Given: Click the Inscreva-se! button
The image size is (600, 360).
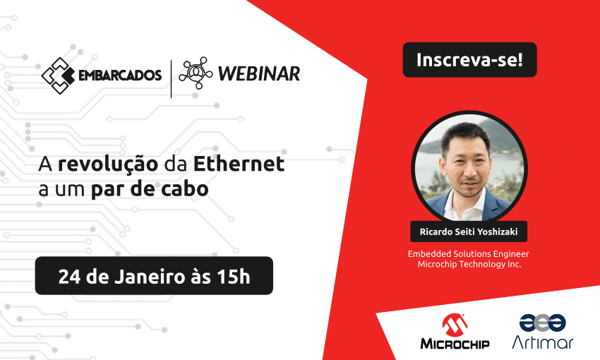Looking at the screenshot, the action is click(469, 60).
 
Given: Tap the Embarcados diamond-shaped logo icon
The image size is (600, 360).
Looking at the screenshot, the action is click(58, 76).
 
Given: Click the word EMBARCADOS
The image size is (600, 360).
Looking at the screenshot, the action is click(120, 76).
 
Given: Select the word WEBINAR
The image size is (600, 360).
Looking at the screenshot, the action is click(258, 74).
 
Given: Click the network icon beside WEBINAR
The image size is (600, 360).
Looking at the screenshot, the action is click(196, 73).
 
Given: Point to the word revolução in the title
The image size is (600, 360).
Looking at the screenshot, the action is click(108, 164).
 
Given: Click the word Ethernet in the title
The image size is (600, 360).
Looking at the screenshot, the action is click(239, 163).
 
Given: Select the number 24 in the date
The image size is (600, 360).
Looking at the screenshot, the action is click(69, 276).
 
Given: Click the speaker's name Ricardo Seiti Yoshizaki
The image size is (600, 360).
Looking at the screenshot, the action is click(469, 232).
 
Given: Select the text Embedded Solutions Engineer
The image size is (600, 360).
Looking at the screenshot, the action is click(469, 253).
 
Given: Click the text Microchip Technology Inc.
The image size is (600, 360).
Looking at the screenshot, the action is click(469, 264).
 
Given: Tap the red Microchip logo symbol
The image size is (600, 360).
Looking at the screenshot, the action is click(455, 325).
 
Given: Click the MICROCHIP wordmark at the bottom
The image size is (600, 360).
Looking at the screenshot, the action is click(455, 344).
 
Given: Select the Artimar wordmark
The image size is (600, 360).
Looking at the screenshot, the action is click(543, 342).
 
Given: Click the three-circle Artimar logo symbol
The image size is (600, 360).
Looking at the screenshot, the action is click(543, 323).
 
